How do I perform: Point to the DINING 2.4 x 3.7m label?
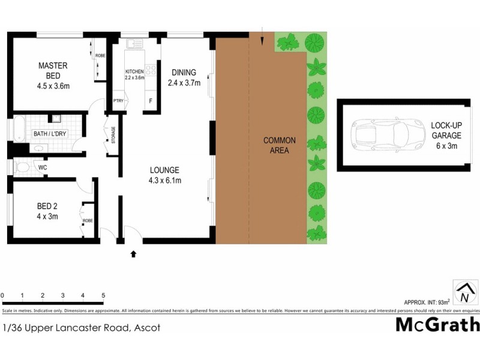pyautogui.click(x=183, y=77)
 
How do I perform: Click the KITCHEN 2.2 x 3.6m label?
pyautogui.click(x=134, y=74)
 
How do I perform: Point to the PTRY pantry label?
pyautogui.click(x=118, y=101)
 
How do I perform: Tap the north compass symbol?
pyautogui.click(x=464, y=292)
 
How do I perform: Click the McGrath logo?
pyautogui.click(x=437, y=325)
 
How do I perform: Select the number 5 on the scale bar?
pyautogui.click(x=103, y=296)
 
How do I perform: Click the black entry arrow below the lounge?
pyautogui.click(x=133, y=254)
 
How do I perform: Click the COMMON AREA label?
pyautogui.click(x=280, y=145)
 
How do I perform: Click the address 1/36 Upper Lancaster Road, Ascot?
pyautogui.click(x=80, y=328)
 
